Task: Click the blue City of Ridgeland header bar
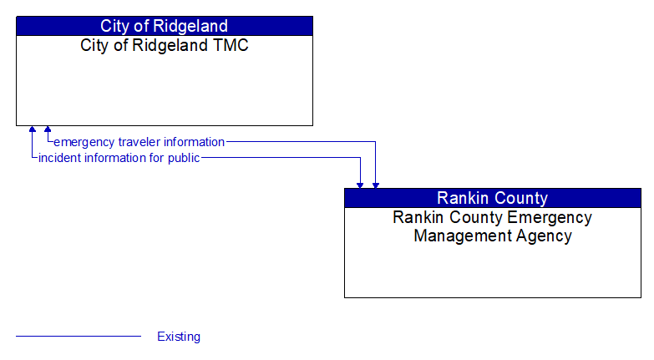164,26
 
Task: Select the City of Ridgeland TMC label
164,46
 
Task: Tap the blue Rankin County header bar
492,198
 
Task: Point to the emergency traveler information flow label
139,142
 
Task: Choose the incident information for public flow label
119,158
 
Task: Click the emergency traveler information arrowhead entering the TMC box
48,130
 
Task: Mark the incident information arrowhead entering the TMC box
33,130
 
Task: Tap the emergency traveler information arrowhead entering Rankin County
375,184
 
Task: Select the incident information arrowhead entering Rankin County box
360,184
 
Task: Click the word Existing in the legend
179,337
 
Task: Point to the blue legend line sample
79,337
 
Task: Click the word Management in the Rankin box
459,236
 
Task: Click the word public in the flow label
182,158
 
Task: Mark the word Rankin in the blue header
462,198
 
